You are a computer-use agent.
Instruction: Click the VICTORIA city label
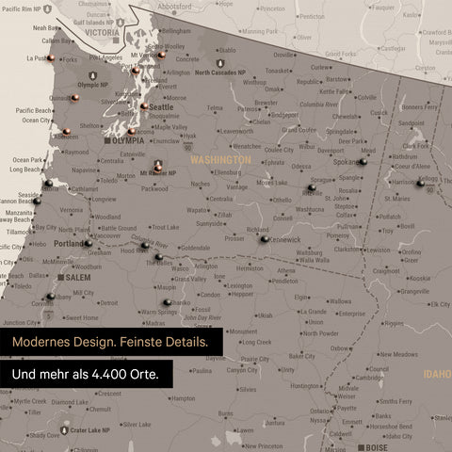point(102,32)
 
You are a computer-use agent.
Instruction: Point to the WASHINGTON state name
point(221,160)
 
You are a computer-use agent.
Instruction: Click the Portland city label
point(70,244)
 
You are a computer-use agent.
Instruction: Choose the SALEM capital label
point(76,279)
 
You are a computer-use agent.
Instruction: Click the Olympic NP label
point(93,85)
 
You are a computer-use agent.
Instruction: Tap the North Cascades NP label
point(221,72)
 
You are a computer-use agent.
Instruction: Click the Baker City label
point(302,357)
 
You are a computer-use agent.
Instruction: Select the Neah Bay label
point(45,27)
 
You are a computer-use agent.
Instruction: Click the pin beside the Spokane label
point(363,161)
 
